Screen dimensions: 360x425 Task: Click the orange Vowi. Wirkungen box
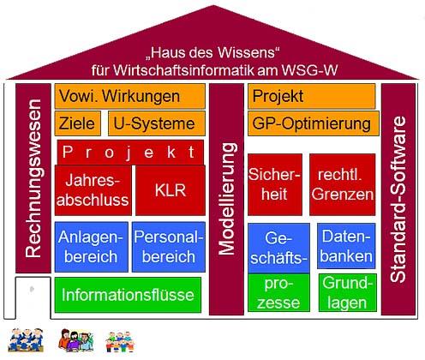tap(130, 96)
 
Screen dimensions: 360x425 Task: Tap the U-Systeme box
tap(158, 123)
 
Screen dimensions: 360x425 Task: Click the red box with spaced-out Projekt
tap(130, 152)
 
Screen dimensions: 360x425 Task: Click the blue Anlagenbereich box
tap(91, 245)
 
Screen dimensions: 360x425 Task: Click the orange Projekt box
tap(312, 96)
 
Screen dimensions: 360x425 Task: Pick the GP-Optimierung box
tap(312, 123)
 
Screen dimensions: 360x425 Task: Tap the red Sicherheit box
tap(273, 184)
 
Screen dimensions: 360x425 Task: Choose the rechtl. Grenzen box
tap(342, 184)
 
